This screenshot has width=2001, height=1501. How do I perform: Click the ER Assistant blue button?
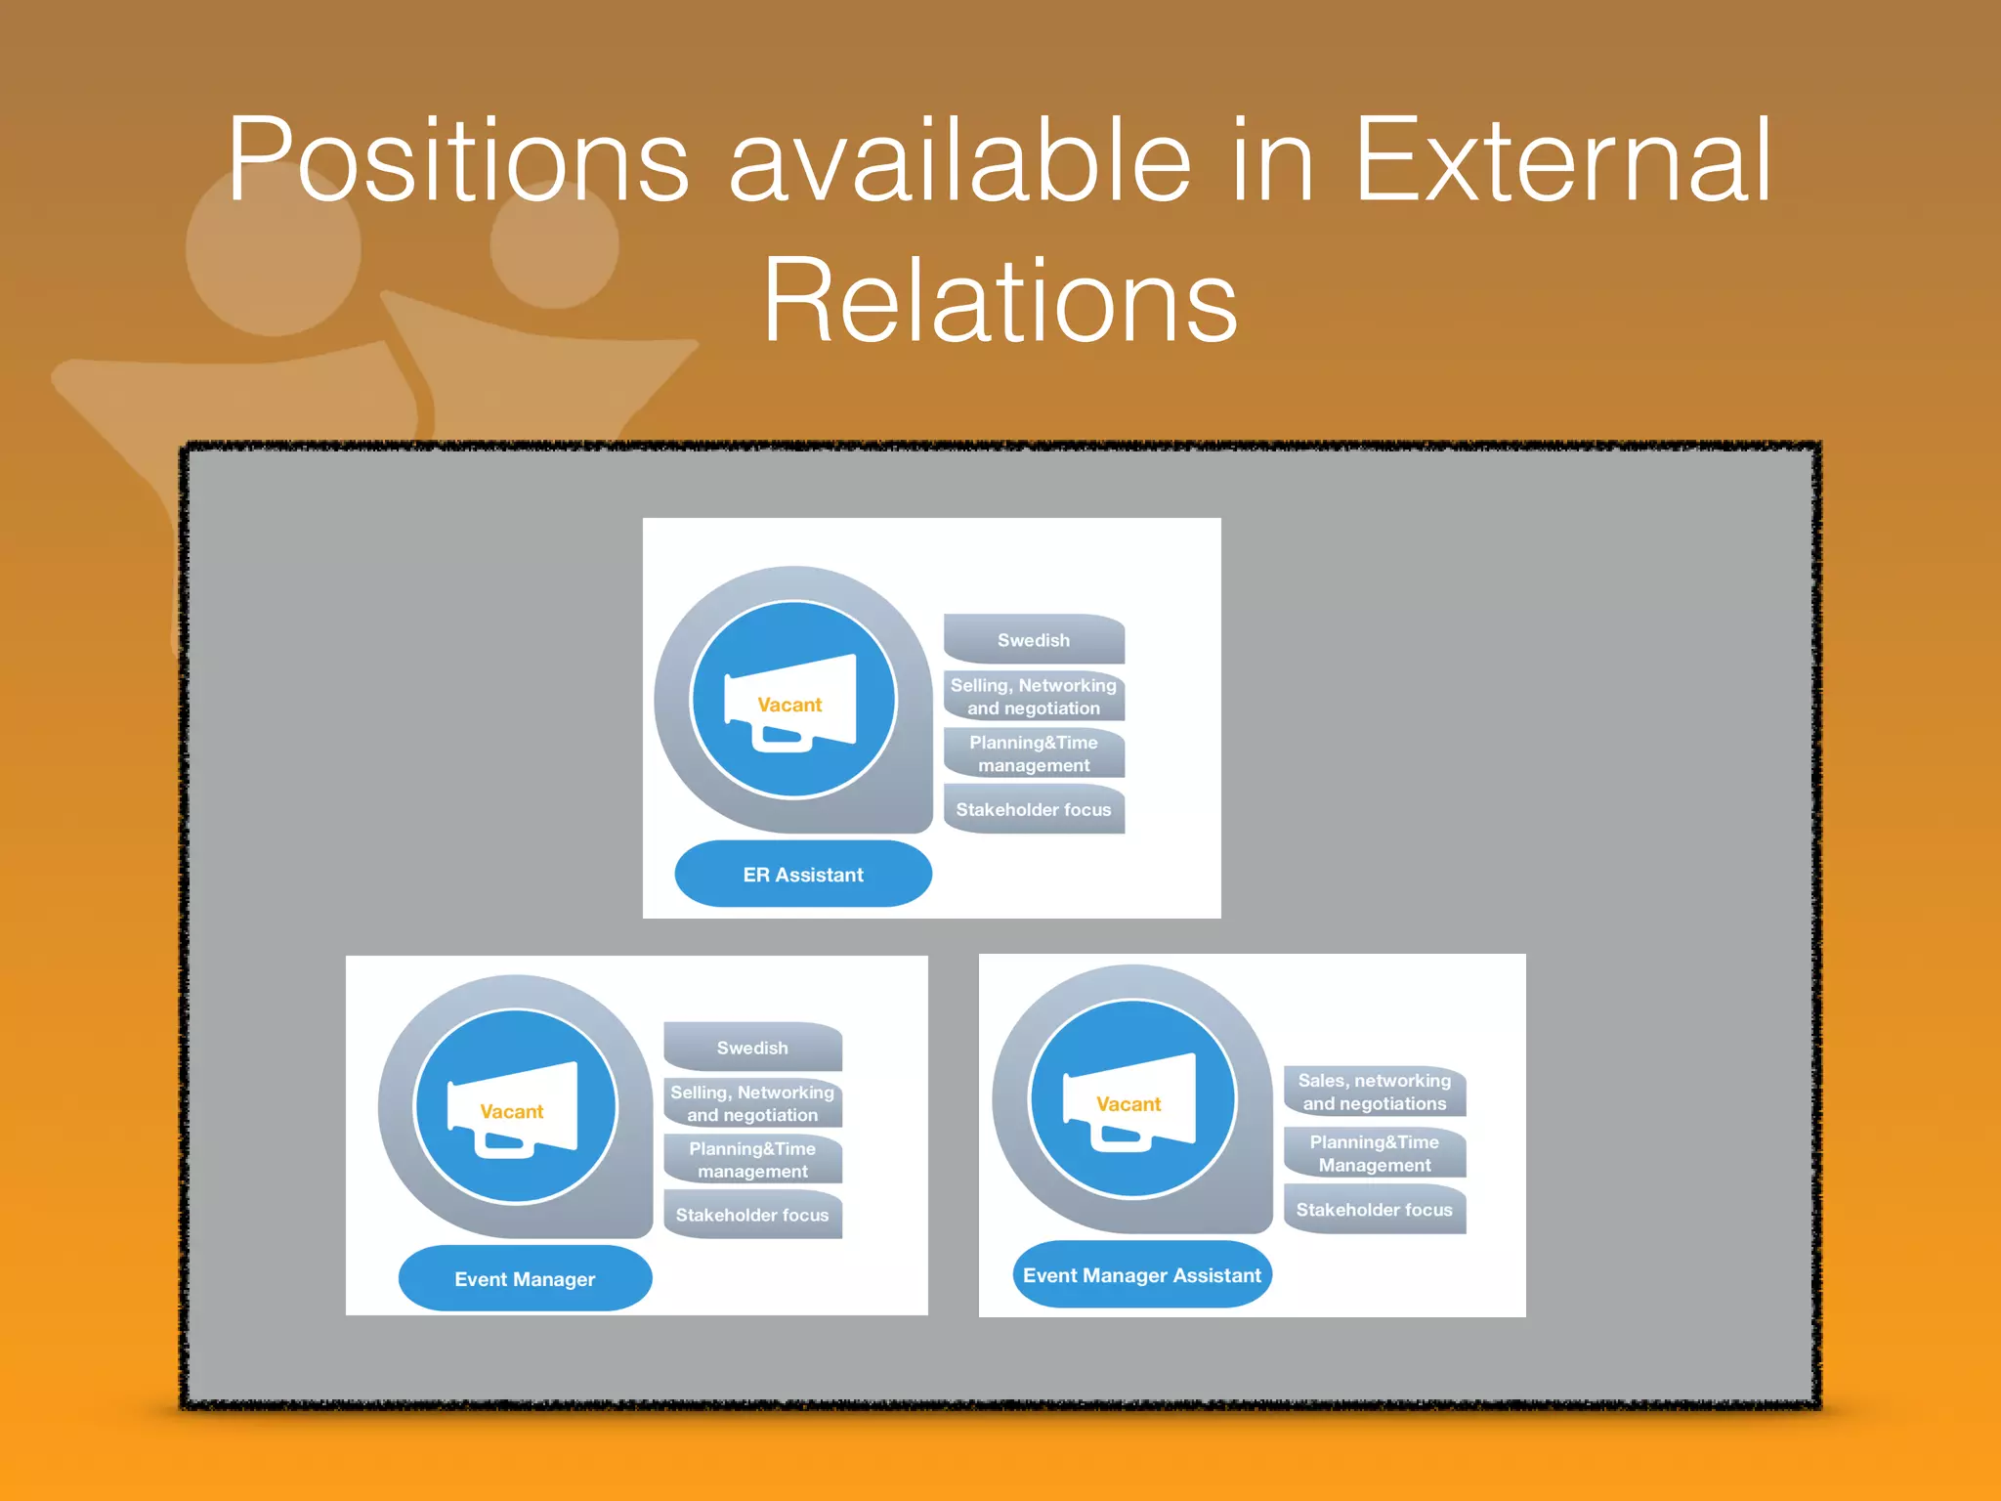(x=803, y=874)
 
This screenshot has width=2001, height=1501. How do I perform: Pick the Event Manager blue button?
(x=525, y=1278)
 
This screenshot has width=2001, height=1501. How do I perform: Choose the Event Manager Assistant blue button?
(x=1141, y=1274)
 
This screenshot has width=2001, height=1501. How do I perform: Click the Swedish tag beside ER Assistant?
(x=1034, y=640)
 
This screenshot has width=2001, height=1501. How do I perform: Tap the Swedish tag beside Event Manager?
(x=752, y=1048)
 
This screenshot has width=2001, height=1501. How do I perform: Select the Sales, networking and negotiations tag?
(x=1374, y=1092)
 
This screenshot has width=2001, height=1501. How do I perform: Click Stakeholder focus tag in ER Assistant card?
(x=1034, y=809)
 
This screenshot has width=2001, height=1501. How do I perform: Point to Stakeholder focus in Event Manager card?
(x=752, y=1215)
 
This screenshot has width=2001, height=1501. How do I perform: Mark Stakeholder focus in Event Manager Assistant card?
(x=1374, y=1210)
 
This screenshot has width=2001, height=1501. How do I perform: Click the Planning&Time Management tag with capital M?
(x=1374, y=1153)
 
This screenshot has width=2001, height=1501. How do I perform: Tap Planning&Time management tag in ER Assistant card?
(x=1034, y=753)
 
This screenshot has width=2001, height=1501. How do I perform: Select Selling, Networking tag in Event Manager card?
(x=752, y=1103)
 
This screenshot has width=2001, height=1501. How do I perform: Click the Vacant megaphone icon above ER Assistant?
(x=792, y=701)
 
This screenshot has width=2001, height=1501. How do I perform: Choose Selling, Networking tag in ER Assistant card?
(x=1034, y=696)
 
